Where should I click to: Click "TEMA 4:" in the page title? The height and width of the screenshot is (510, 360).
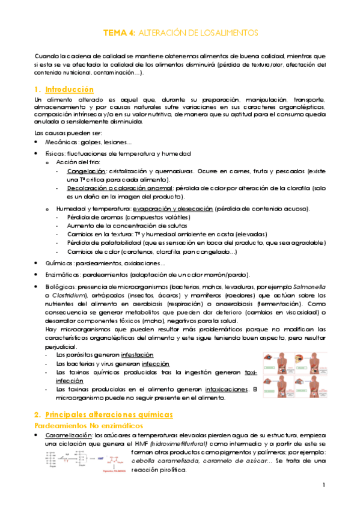tap(119, 32)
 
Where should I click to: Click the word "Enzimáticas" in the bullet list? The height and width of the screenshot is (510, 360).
tap(63, 275)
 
